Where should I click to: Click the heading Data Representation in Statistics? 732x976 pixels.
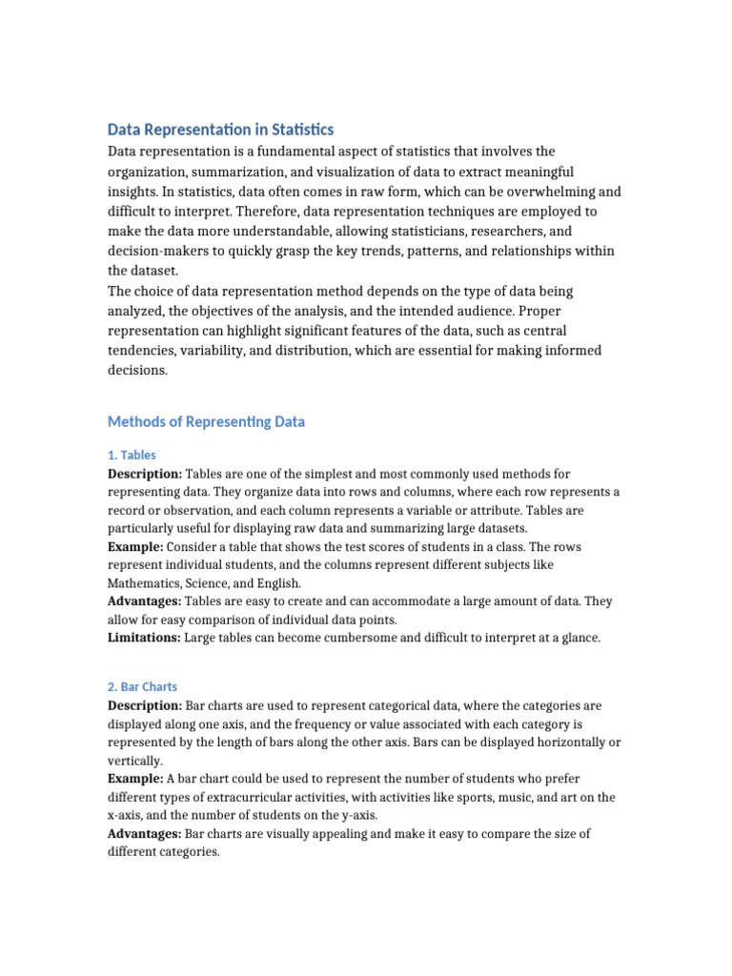click(x=220, y=130)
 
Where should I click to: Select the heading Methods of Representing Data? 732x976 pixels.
click(x=206, y=421)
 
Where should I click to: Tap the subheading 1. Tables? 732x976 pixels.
click(x=132, y=455)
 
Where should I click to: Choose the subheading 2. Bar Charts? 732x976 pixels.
click(x=142, y=686)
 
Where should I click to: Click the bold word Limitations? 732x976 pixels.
click(x=143, y=638)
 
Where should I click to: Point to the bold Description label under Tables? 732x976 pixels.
click(x=144, y=474)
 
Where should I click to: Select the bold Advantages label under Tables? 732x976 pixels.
click(x=145, y=601)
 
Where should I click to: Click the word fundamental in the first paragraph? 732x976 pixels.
click(x=295, y=152)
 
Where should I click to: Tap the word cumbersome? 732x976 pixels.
click(x=349, y=638)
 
